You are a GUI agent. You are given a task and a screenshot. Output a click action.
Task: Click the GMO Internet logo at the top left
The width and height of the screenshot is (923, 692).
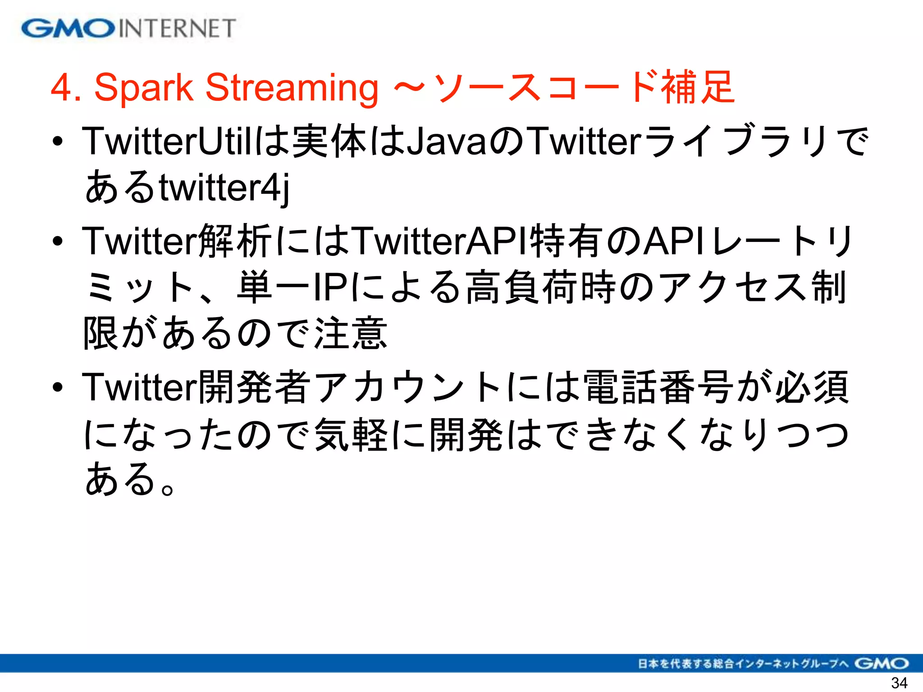pos(128,28)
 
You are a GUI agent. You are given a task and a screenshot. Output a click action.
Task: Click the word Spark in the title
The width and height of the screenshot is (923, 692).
pos(143,87)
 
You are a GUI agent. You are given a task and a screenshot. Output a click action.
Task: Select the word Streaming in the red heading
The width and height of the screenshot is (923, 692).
pos(292,88)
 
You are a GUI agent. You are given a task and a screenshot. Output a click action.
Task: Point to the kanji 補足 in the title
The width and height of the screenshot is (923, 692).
pos(698,87)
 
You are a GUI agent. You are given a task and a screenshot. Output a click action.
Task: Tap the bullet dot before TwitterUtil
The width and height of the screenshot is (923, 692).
pos(57,142)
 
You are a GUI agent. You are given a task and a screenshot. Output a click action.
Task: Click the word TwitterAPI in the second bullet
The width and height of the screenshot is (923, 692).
pos(440,241)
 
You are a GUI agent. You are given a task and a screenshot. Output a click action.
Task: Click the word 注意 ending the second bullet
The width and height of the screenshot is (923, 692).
pos(351,333)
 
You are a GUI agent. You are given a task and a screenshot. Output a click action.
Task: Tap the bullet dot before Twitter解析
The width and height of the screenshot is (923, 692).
pos(57,241)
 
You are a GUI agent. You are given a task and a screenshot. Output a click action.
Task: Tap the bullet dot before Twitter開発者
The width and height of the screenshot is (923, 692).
pos(57,387)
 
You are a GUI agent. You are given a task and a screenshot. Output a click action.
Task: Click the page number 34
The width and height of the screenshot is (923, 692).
pos(899,683)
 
